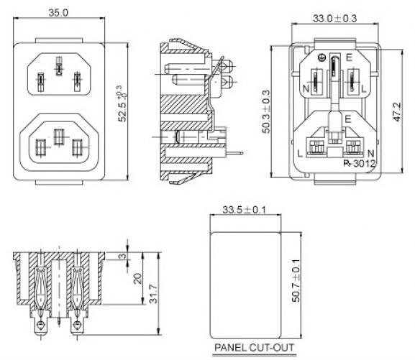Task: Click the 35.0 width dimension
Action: (58, 13)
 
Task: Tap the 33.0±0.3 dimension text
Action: (335, 18)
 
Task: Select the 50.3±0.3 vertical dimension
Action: (266, 111)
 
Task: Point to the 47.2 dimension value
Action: (397, 111)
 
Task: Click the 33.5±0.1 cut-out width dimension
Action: (244, 210)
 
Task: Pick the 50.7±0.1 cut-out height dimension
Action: (296, 280)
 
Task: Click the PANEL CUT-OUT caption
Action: (254, 347)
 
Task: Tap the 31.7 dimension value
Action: (153, 294)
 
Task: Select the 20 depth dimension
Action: (137, 279)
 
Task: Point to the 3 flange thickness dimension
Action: (122, 256)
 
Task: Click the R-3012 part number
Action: (360, 163)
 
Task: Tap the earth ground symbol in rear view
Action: (321, 57)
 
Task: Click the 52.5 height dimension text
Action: (122, 103)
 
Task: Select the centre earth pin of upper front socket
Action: (59, 66)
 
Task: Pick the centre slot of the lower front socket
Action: (59, 137)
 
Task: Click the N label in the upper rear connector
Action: (306, 88)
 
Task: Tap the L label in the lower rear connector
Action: (300, 153)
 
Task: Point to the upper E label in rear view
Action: (349, 57)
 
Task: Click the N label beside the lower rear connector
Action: (371, 153)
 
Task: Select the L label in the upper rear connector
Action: (364, 89)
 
